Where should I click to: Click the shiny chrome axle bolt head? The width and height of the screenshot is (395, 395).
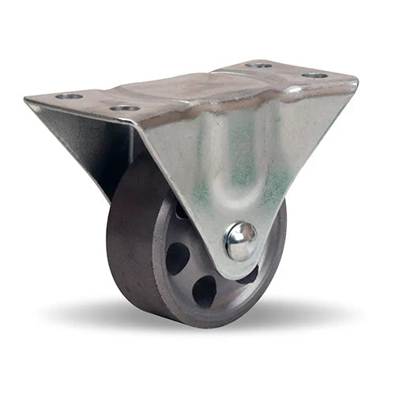(240, 240)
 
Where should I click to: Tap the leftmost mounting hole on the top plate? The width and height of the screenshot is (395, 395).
(70, 96)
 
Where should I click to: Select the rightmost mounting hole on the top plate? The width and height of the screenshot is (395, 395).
(315, 75)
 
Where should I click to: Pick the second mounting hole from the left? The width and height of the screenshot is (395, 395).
(124, 107)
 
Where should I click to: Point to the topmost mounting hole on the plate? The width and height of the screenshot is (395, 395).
(258, 64)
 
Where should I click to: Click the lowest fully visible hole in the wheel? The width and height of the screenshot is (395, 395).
(204, 291)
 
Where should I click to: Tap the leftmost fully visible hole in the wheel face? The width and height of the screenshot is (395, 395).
(177, 258)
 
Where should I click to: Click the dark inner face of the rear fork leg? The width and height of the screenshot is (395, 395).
(118, 150)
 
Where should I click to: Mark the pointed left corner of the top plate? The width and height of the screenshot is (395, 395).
(27, 100)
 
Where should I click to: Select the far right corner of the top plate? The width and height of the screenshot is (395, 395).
(356, 80)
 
